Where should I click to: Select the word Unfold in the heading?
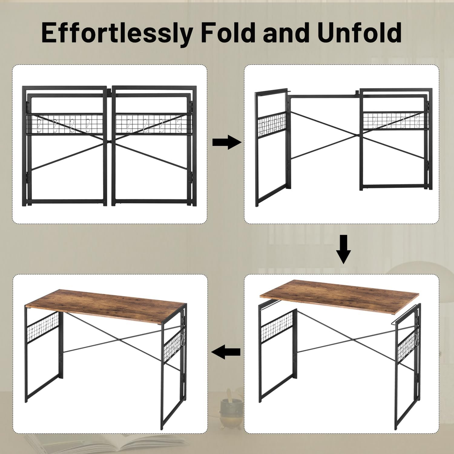coord(359,32)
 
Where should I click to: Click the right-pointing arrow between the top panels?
coord(227,143)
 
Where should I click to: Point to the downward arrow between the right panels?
coord(344,249)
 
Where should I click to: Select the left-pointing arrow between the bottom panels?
coord(227,352)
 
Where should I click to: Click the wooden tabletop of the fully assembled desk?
coord(105,305)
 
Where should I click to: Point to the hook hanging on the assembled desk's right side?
coord(184,339)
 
